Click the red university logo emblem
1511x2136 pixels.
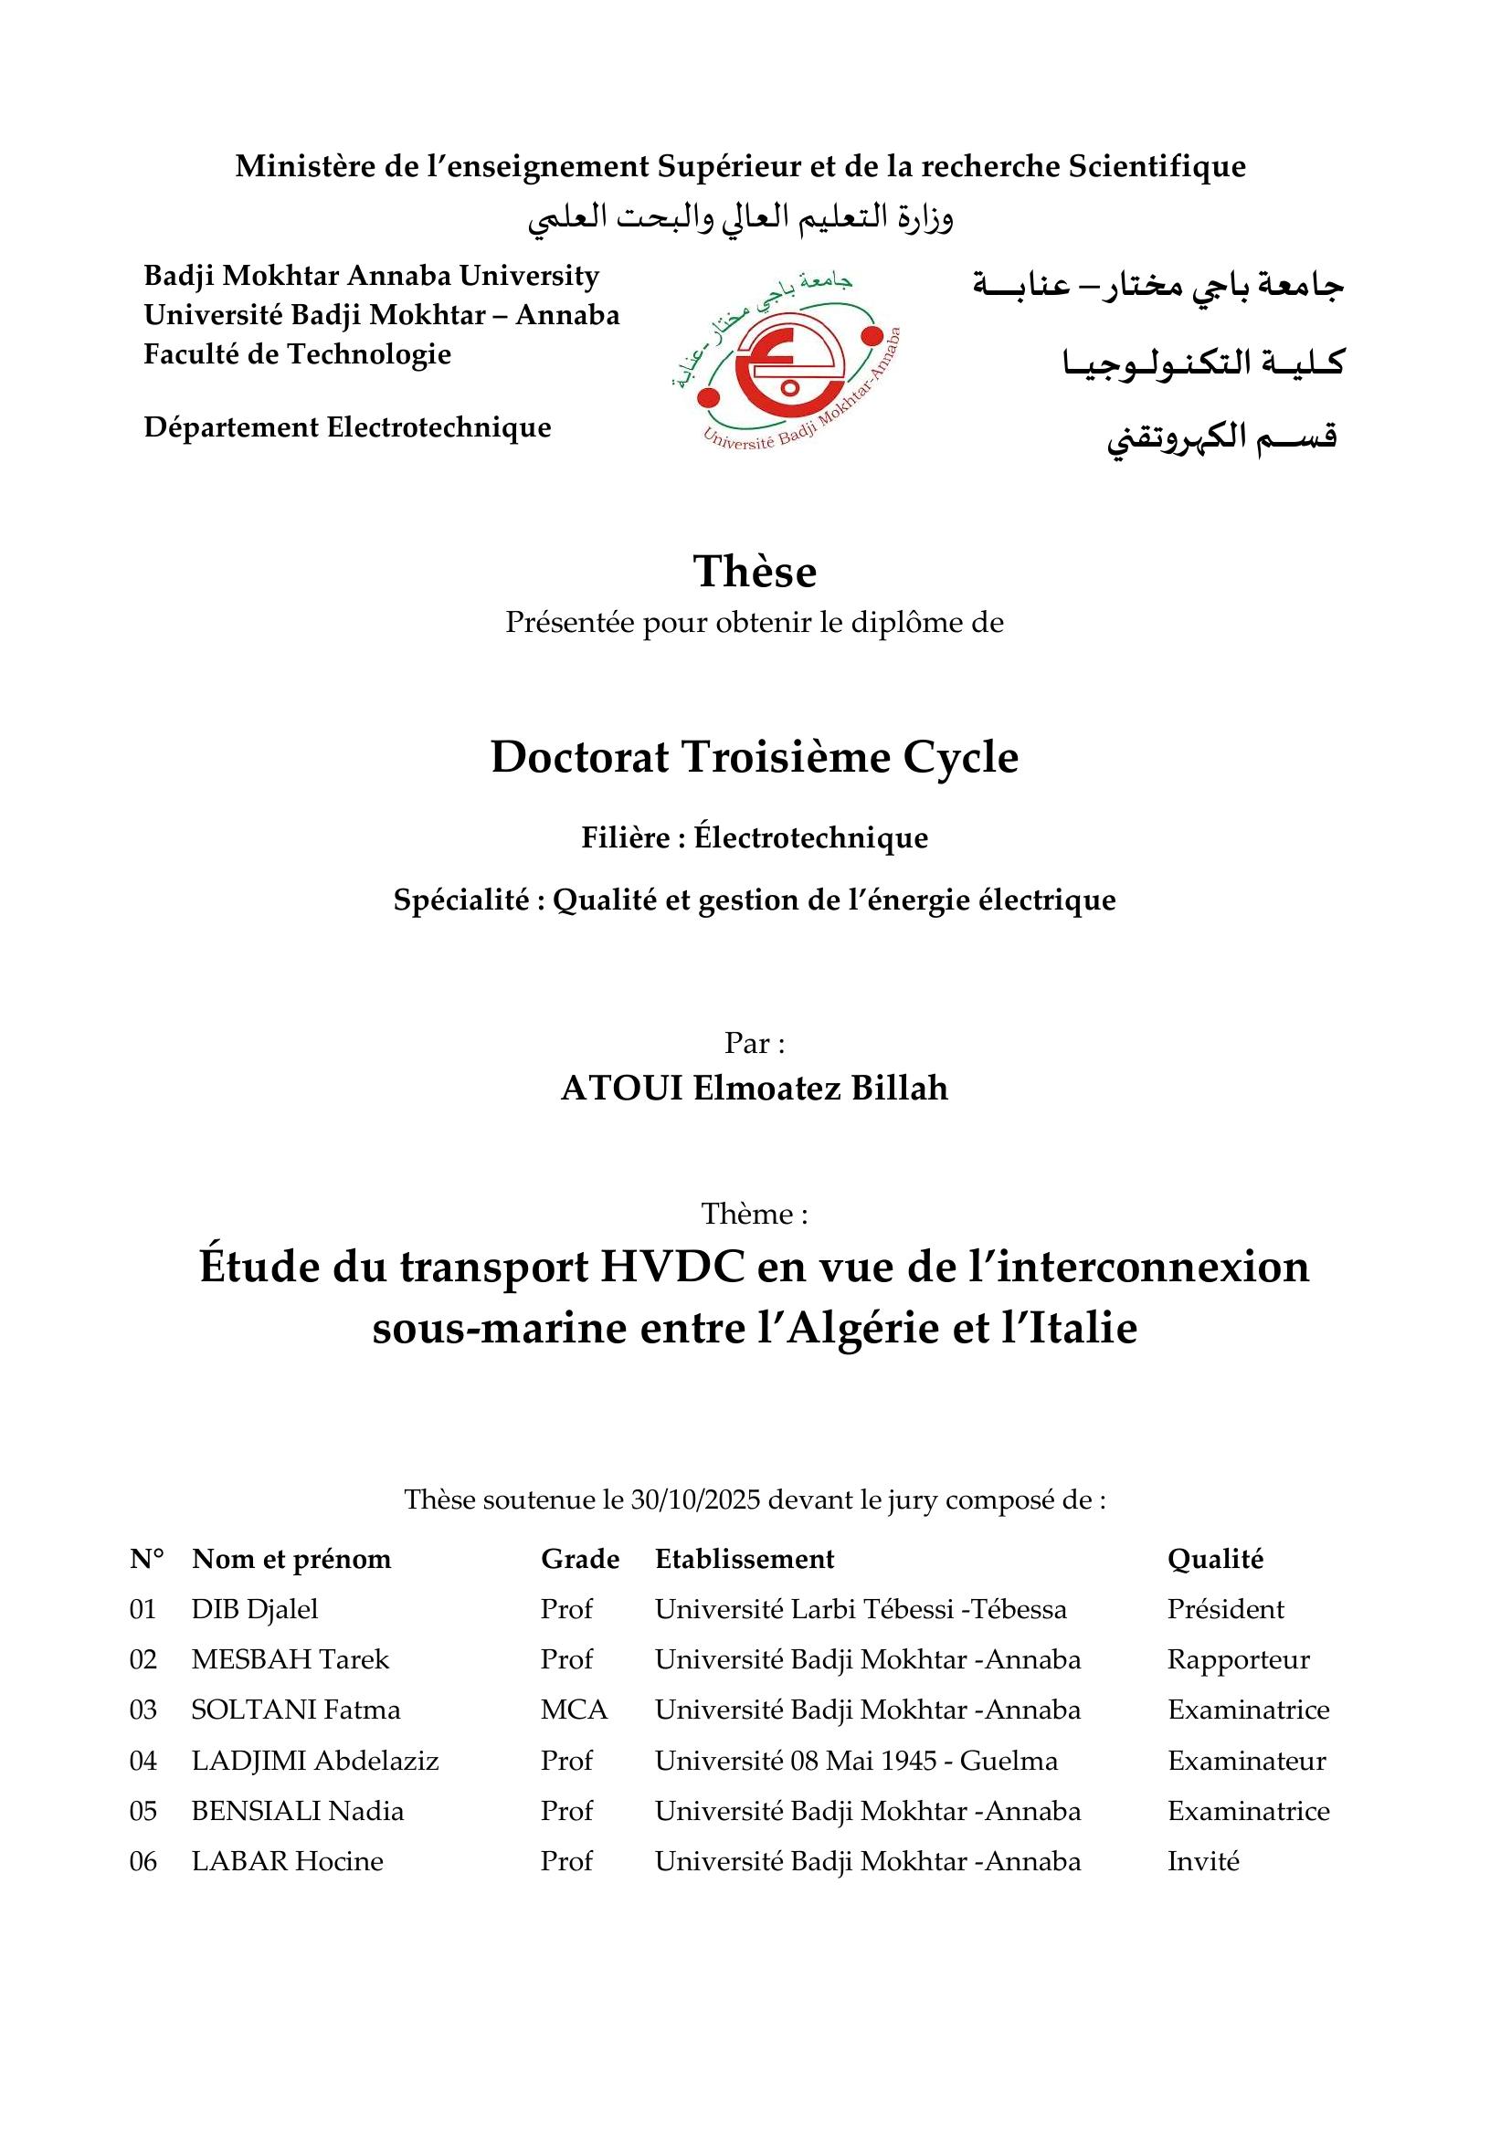pyautogui.click(x=787, y=365)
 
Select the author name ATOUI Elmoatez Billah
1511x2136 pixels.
pyautogui.click(x=755, y=1088)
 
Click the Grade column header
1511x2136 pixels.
pyautogui.click(x=580, y=1558)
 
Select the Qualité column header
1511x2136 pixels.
pyautogui.click(x=1215, y=1558)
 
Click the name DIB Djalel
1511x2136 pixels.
pyautogui.click(x=255, y=1608)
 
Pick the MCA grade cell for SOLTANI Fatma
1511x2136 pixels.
pyautogui.click(x=573, y=1709)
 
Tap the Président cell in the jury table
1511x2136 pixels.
pyautogui.click(x=1225, y=1608)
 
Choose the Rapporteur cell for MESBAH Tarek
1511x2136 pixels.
pyautogui.click(x=1238, y=1658)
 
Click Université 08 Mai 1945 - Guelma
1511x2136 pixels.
pyautogui.click(x=856, y=1760)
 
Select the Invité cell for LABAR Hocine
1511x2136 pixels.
pyautogui.click(x=1203, y=1860)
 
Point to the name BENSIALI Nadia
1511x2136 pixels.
pyautogui.click(x=298, y=1810)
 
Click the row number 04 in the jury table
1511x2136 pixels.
pyautogui.click(x=143, y=1760)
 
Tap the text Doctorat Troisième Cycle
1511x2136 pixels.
pyautogui.click(x=755, y=757)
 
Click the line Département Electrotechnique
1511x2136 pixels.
pyautogui.click(x=347, y=427)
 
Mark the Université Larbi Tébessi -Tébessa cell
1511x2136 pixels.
pyautogui.click(x=861, y=1608)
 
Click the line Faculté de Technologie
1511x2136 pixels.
pyautogui.click(x=297, y=353)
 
